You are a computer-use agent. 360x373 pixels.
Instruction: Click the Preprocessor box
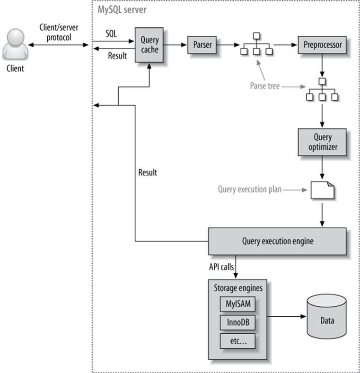coord(322,45)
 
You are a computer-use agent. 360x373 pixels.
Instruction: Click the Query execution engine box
coord(277,241)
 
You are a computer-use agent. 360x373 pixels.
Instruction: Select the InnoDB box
coord(237,322)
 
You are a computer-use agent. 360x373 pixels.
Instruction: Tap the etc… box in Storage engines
coord(237,340)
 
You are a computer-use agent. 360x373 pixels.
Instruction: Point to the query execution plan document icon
coord(322,190)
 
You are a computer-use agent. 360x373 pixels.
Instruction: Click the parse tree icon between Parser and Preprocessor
coord(256,45)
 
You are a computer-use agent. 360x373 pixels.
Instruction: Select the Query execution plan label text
coord(249,190)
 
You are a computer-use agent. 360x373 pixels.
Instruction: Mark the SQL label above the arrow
coord(111,35)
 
